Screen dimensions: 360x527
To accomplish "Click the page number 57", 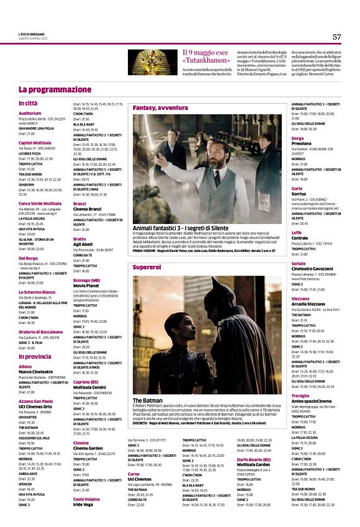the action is pyautogui.click(x=336, y=37).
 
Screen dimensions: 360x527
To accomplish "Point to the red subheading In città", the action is pyautogui.click(x=28, y=103).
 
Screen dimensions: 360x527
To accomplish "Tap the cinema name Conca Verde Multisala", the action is pyautogui.click(x=40, y=203).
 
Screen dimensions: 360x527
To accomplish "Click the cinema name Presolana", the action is pyautogui.click(x=302, y=143).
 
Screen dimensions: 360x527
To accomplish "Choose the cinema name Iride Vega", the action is pyautogui.click(x=86, y=521).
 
